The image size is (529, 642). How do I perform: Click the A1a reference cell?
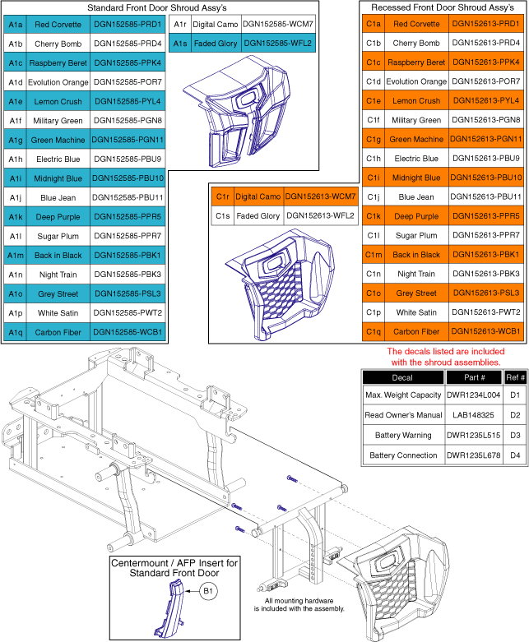click(16, 25)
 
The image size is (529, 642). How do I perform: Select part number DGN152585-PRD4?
click(128, 44)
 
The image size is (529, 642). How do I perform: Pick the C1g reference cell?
click(374, 140)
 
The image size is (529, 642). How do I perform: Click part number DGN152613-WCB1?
click(485, 332)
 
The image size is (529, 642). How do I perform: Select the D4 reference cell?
click(514, 455)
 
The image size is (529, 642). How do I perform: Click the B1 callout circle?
click(209, 589)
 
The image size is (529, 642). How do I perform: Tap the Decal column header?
click(402, 378)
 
